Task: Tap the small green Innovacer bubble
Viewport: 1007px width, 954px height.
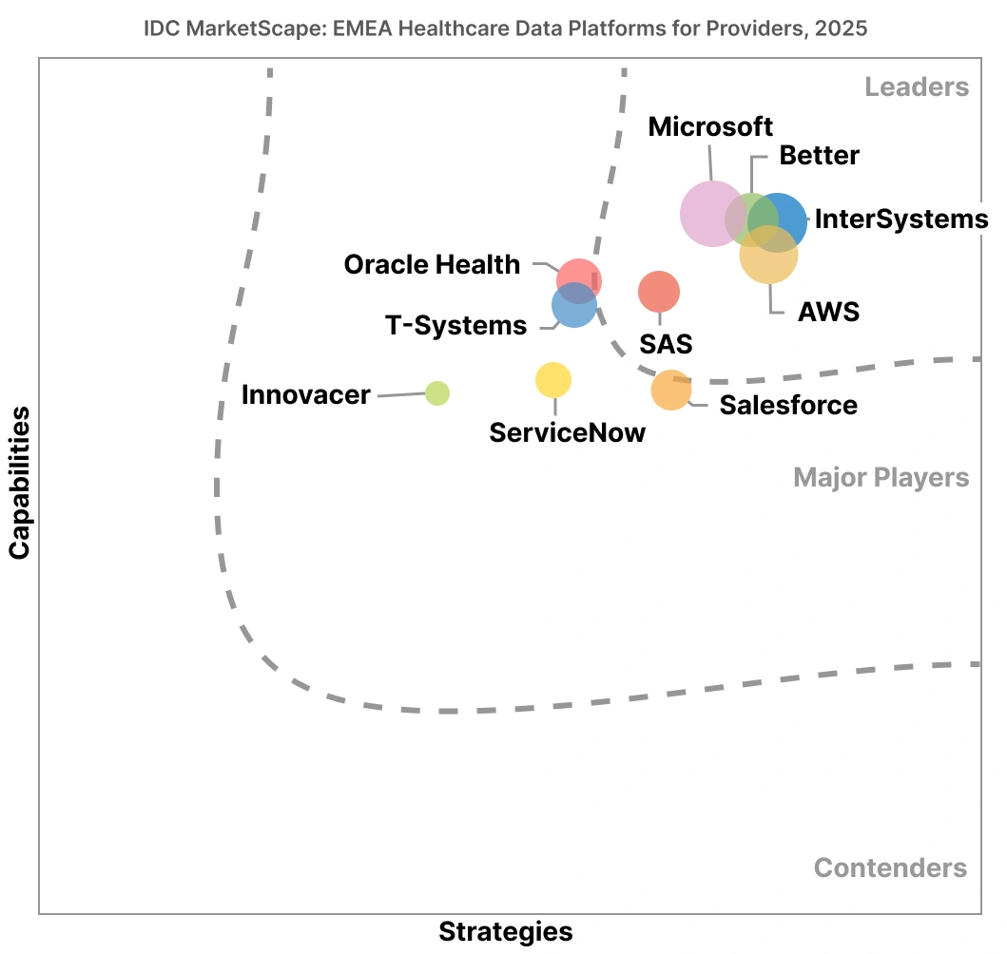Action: point(436,392)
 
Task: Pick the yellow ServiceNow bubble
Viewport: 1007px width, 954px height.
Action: point(553,380)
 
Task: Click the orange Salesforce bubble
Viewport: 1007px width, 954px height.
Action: point(671,390)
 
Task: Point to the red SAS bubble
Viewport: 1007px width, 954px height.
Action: point(659,292)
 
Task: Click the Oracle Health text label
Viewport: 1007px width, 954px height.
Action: point(432,264)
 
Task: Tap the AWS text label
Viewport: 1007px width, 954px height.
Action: point(828,311)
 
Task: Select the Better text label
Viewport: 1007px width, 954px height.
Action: point(819,155)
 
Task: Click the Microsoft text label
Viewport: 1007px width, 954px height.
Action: point(710,126)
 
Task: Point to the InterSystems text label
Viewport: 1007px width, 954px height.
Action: point(901,219)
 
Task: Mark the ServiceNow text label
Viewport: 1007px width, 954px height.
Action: point(567,432)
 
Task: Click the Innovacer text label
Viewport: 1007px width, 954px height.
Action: point(305,394)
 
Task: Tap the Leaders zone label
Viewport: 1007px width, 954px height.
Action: point(917,87)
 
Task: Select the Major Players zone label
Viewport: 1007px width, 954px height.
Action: point(881,477)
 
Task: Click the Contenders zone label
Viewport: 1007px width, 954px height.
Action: point(890,868)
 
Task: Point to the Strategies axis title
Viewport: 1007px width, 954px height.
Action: point(505,931)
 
